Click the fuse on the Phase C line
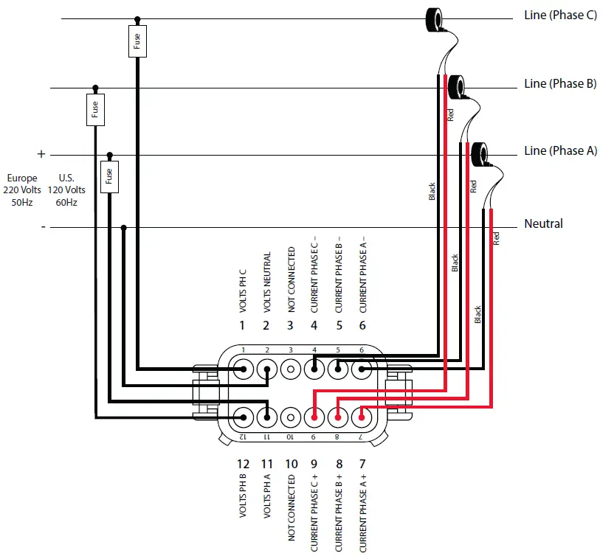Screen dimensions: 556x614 (137, 42)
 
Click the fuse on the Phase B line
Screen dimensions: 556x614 (94, 110)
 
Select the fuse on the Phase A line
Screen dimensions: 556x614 (109, 176)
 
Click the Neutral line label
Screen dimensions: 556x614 (543, 223)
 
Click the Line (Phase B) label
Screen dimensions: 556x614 (559, 83)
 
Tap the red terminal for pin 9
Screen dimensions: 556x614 (314, 417)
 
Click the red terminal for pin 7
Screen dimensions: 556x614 (362, 417)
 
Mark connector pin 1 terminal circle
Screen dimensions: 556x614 (243, 368)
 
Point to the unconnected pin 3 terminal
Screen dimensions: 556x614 (291, 368)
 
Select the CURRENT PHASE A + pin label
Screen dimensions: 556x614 (362, 513)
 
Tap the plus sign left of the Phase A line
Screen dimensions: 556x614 (41, 154)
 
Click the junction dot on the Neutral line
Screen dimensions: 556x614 (123, 227)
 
